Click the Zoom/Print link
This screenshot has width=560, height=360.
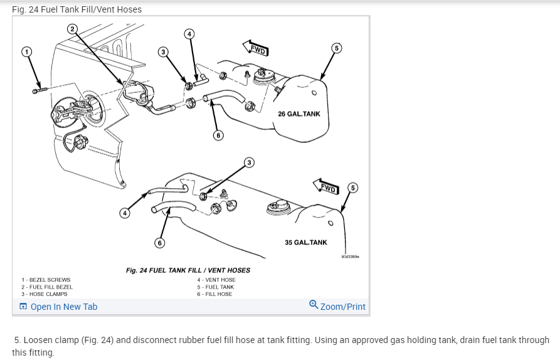(x=337, y=307)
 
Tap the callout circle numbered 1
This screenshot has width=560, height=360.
(x=26, y=51)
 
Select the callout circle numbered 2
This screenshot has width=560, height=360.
(x=71, y=29)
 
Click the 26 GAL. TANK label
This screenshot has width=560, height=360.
(x=299, y=114)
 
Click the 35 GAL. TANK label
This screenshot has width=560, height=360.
(x=306, y=243)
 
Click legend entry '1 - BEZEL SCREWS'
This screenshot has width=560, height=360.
(x=46, y=280)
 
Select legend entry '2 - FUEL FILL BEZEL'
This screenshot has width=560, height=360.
(x=49, y=287)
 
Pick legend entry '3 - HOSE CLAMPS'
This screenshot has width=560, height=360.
(x=45, y=294)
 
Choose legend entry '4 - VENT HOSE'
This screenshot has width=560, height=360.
(x=216, y=280)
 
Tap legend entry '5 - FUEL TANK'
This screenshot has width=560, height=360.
(x=216, y=287)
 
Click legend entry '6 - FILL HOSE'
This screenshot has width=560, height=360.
(x=214, y=294)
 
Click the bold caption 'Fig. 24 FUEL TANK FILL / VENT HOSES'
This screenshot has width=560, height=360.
(x=188, y=270)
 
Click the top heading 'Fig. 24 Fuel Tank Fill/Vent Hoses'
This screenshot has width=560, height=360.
(x=77, y=9)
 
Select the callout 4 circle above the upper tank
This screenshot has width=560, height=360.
(x=189, y=34)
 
